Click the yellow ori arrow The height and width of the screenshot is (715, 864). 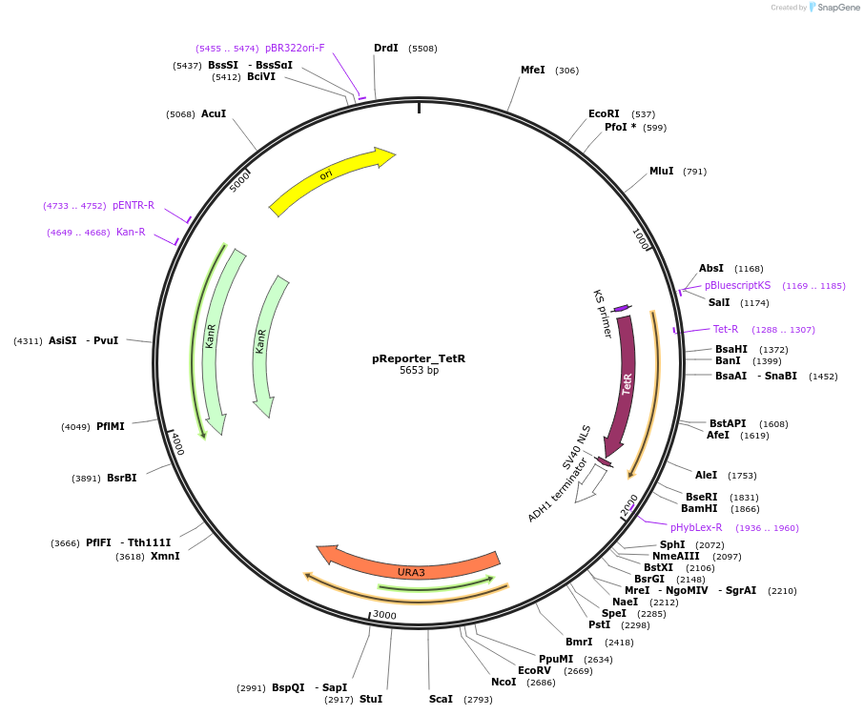point(329,176)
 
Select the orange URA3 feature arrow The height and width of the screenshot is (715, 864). point(410,570)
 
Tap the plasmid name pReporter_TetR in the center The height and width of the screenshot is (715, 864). point(419,359)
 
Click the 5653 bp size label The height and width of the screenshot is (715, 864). point(419,371)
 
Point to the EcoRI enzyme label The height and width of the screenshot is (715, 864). point(604,113)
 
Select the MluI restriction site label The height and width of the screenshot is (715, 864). point(661,172)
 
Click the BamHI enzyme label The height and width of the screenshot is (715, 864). point(700,509)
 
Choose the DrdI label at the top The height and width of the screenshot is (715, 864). point(385,48)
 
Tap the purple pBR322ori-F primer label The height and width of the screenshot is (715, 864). point(295,48)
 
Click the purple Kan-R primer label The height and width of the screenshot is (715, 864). point(131,232)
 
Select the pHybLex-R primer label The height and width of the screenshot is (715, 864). point(695,527)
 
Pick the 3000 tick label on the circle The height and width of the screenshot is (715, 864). point(384,616)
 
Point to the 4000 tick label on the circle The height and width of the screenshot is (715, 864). point(177,443)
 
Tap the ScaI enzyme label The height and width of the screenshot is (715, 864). point(441,700)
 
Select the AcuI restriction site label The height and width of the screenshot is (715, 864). point(214,113)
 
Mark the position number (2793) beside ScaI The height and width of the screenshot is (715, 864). point(478,700)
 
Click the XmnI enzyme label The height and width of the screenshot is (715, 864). point(164,556)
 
